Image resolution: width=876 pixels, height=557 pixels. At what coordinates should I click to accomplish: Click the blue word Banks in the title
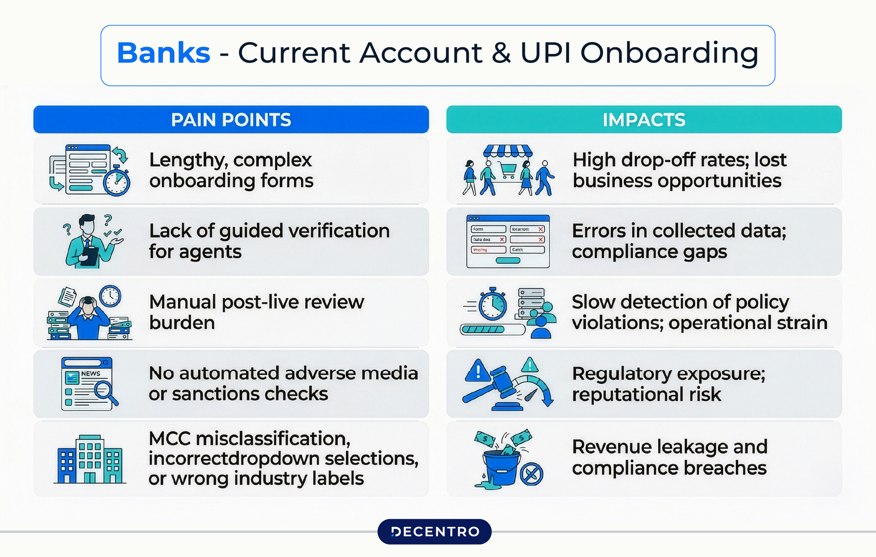click(x=163, y=53)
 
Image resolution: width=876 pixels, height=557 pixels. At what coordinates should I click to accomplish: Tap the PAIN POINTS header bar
click(x=231, y=120)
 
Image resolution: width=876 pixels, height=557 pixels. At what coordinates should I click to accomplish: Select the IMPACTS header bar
click(x=644, y=120)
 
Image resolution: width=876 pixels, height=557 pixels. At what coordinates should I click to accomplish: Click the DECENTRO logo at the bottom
click(x=435, y=531)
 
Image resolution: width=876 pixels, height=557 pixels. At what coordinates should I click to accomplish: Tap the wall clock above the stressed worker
click(x=110, y=296)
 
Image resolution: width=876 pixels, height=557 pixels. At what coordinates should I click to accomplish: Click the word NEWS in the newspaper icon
click(x=91, y=374)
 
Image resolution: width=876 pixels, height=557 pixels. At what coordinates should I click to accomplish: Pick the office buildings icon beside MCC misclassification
click(x=90, y=459)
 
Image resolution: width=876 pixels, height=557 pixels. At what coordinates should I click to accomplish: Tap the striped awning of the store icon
click(x=508, y=150)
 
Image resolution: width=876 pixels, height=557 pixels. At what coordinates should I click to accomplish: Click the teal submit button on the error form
click(x=508, y=260)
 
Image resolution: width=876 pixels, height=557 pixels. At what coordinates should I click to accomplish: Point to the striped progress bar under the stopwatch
click(x=483, y=330)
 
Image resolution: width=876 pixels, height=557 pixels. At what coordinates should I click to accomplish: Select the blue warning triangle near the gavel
click(x=478, y=371)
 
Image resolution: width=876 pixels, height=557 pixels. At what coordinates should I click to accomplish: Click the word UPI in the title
click(x=545, y=53)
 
